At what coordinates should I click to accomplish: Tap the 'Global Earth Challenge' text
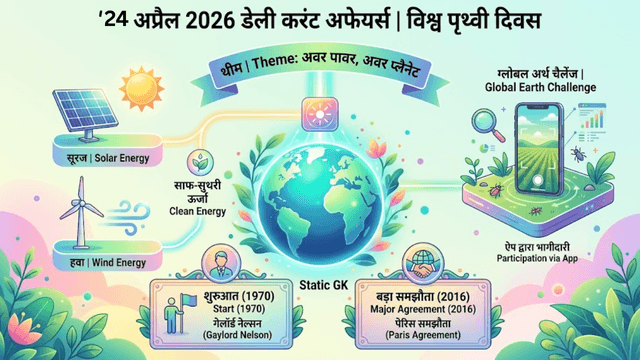(x=539, y=87)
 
